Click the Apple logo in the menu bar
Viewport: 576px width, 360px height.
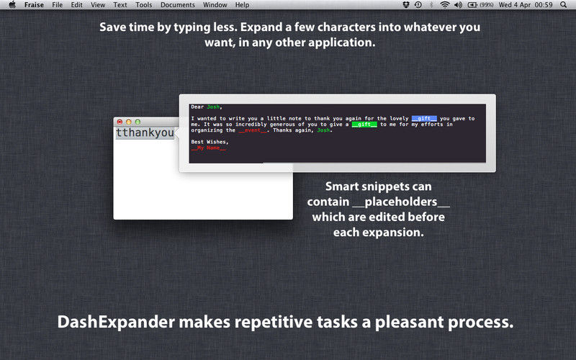(12, 5)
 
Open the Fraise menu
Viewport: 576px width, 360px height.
(34, 5)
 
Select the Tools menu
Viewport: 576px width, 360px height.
(143, 5)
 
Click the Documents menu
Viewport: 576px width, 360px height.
(178, 5)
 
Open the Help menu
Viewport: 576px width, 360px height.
(242, 5)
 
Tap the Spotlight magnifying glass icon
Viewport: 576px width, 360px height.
(564, 5)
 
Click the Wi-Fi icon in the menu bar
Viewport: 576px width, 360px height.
(445, 5)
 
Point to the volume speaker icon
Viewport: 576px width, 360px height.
(458, 5)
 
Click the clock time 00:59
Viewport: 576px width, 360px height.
(544, 5)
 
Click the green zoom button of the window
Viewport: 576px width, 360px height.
(138, 122)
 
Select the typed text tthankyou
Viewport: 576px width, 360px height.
(145, 132)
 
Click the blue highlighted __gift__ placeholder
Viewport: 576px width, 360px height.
(424, 118)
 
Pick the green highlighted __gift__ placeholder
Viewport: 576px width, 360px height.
(364, 124)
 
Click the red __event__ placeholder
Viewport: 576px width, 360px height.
(253, 130)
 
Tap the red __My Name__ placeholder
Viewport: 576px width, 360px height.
(209, 148)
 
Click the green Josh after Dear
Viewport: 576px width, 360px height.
(213, 107)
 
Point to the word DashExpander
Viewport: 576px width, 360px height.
(116, 322)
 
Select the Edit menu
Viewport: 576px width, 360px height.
(76, 5)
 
